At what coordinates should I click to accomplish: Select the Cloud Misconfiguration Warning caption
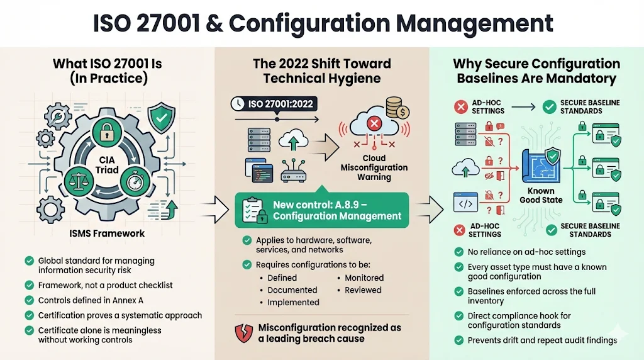pos(374,168)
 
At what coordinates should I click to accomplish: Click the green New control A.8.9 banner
pos(321,210)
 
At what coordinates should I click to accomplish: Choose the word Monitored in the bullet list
pos(364,278)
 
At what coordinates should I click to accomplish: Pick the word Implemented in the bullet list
pos(293,302)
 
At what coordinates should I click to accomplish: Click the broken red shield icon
pos(243,333)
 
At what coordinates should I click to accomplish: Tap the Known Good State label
pos(540,195)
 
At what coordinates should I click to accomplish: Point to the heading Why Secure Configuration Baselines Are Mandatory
pos(536,71)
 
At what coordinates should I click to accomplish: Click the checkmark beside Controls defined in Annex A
pos(28,300)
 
